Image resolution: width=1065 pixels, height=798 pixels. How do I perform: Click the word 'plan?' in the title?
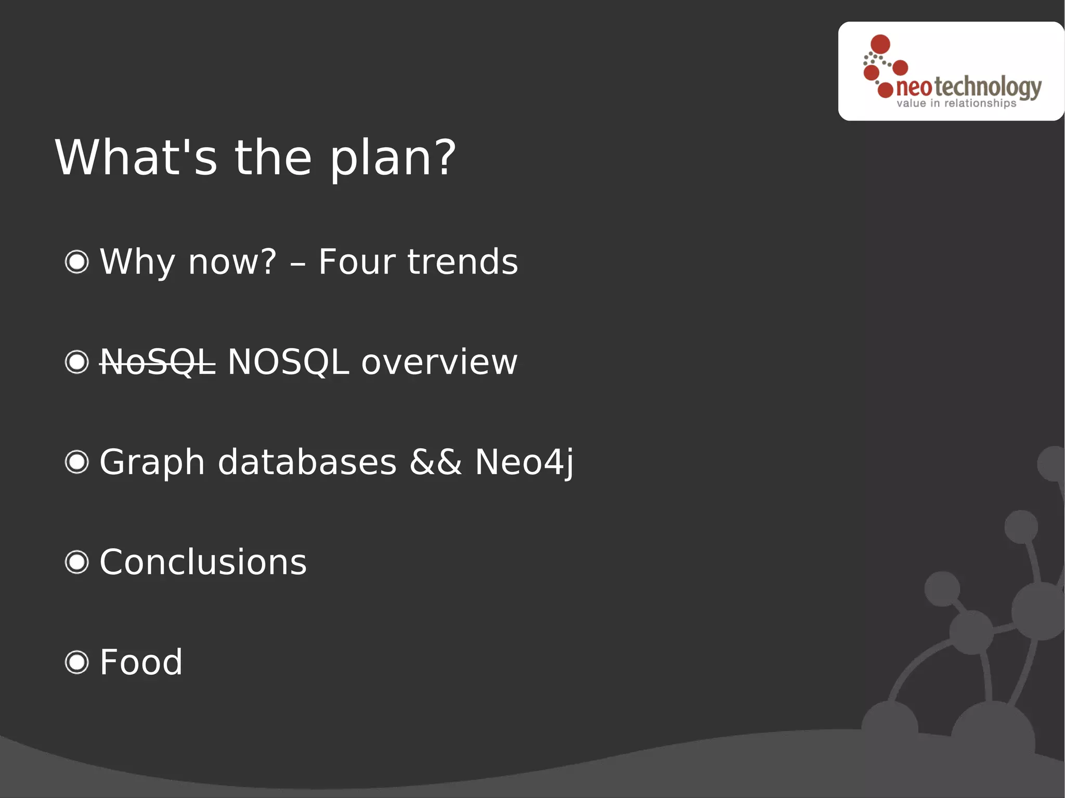[393, 158]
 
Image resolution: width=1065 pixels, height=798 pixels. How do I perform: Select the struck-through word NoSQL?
[158, 362]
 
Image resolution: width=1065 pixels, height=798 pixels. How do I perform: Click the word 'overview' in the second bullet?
[439, 362]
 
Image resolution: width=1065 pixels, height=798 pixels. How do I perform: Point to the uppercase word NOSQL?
[288, 362]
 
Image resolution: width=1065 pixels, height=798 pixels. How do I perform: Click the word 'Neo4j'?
[524, 462]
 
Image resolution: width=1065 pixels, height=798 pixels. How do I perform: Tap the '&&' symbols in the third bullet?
[435, 462]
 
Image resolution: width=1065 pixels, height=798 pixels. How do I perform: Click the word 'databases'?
[307, 462]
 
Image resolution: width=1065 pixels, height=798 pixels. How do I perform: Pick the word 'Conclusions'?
[203, 562]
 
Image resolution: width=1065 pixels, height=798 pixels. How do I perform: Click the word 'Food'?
[141, 662]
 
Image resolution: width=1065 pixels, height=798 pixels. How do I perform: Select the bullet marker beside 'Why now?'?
[77, 261]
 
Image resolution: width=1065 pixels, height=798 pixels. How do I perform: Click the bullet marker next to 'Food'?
[77, 662]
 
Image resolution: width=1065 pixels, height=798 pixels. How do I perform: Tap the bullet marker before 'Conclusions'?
[77, 562]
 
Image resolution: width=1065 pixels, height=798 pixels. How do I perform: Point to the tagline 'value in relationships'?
[956, 103]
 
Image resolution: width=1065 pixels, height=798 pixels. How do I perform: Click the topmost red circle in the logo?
[880, 44]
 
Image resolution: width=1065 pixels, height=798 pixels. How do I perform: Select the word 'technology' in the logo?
[988, 87]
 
